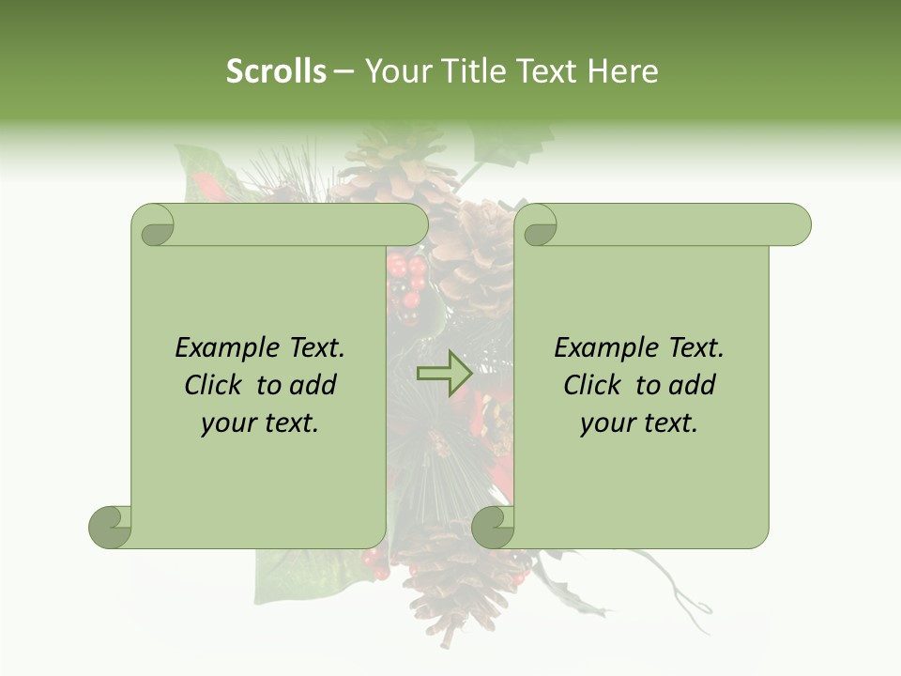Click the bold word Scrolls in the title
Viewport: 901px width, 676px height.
click(x=277, y=70)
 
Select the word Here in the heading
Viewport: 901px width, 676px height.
click(x=622, y=70)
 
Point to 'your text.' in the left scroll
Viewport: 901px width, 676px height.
click(x=260, y=423)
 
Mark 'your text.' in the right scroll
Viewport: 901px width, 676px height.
click(x=639, y=423)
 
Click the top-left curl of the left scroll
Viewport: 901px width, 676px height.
click(x=154, y=226)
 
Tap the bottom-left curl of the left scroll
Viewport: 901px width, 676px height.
click(x=111, y=527)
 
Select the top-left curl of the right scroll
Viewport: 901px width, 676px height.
click(x=539, y=226)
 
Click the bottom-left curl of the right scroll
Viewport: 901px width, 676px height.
click(x=493, y=527)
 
